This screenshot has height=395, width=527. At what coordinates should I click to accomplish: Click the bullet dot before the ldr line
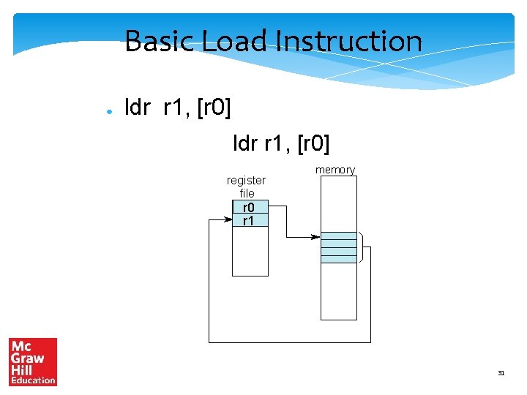[x=108, y=112]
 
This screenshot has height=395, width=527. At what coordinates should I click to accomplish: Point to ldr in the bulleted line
[x=138, y=109]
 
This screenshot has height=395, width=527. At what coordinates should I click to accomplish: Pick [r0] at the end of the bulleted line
[x=215, y=109]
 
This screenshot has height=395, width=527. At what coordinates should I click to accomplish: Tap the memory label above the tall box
[x=335, y=170]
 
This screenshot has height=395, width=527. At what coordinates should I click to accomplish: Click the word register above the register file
[x=247, y=180]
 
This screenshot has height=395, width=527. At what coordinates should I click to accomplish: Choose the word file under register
[x=247, y=193]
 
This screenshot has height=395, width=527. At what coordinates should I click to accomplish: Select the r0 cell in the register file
[x=250, y=207]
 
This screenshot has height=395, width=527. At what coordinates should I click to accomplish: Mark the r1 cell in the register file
[x=250, y=219]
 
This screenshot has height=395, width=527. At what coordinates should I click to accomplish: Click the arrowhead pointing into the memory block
[x=315, y=237]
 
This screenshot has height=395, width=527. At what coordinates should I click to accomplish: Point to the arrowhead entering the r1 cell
[x=228, y=219]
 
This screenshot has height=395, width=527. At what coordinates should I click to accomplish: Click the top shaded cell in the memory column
[x=339, y=236]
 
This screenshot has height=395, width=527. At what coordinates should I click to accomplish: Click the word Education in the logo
[x=33, y=380]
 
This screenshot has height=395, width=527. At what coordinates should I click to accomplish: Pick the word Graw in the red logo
[x=27, y=358]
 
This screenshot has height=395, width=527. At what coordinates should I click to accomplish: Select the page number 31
[x=501, y=373]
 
